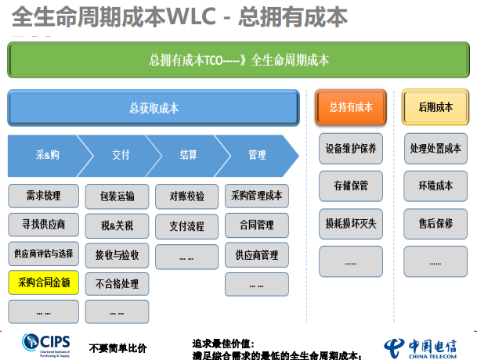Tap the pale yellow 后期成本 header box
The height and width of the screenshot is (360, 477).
coord(435,107)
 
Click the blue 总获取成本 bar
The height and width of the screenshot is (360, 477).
coord(154,107)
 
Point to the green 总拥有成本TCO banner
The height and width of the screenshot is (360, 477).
coord(238,60)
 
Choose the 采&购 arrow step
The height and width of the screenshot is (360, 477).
coord(45,155)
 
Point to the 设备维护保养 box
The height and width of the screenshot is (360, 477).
coord(351,149)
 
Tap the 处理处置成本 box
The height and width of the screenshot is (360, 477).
coord(435,149)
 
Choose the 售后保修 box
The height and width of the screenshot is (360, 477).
coord(435,223)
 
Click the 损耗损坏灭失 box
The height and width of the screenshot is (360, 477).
coord(351,223)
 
